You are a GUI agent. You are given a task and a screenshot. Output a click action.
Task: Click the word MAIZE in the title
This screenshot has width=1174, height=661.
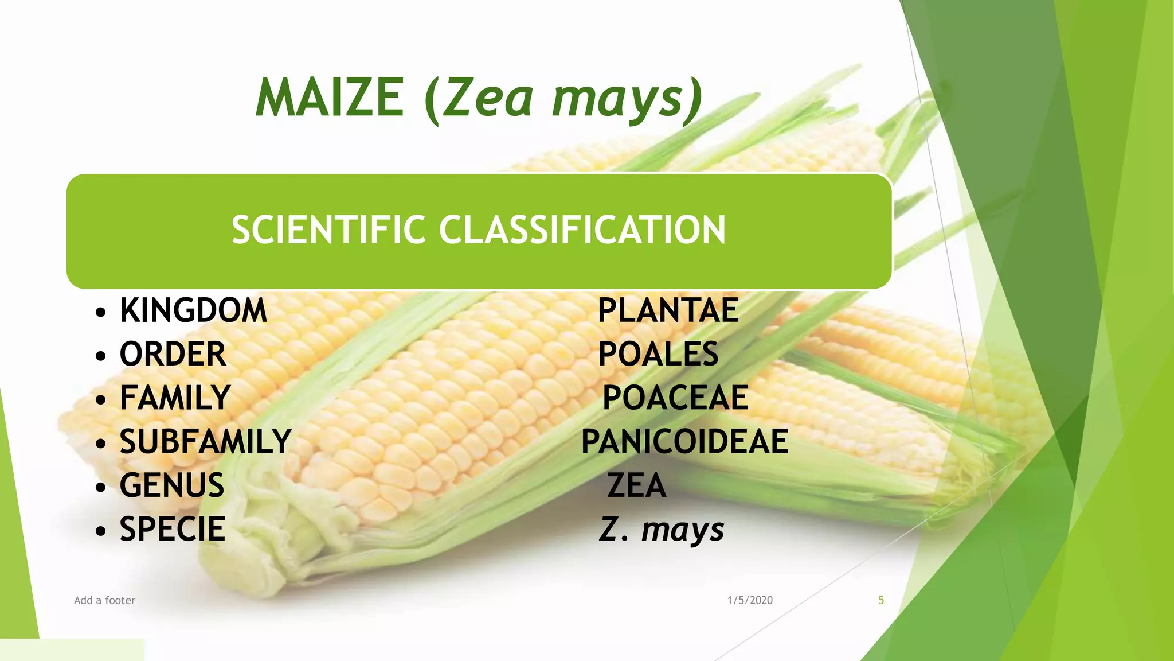pyautogui.click(x=330, y=98)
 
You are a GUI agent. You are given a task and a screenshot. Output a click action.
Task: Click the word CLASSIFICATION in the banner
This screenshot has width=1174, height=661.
pyautogui.click(x=582, y=230)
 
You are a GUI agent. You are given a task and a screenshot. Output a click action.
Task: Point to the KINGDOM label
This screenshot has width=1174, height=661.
pyautogui.click(x=193, y=310)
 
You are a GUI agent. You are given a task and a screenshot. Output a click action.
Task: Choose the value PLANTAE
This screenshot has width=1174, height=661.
pyautogui.click(x=668, y=310)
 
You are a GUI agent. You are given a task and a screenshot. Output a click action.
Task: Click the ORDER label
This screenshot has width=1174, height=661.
pyautogui.click(x=173, y=354)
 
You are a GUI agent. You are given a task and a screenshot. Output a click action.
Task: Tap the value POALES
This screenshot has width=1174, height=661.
pyautogui.click(x=658, y=354)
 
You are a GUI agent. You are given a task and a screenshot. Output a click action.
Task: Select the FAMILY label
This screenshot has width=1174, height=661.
pyautogui.click(x=175, y=398)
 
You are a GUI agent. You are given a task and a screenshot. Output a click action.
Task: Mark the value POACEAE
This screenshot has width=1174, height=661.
pyautogui.click(x=675, y=398)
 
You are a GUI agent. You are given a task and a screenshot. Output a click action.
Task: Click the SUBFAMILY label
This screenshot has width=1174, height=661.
pyautogui.click(x=205, y=441)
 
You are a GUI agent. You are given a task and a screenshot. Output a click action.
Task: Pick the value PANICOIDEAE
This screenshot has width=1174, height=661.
pyautogui.click(x=684, y=441)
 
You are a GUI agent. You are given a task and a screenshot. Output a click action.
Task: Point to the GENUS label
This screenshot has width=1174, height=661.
pyautogui.click(x=171, y=485)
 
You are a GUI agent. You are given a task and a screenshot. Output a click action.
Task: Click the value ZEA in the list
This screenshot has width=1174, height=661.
pyautogui.click(x=636, y=485)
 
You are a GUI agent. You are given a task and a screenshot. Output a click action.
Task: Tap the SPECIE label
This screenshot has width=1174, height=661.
pyautogui.click(x=172, y=529)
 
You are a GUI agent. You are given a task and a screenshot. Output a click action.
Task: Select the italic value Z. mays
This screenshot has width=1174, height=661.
pyautogui.click(x=662, y=529)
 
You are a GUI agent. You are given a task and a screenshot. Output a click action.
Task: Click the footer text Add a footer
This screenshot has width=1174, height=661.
pyautogui.click(x=104, y=600)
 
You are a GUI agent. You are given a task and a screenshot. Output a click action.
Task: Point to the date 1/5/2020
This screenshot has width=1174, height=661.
pyautogui.click(x=750, y=600)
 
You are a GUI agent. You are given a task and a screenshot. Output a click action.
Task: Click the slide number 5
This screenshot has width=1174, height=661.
pyautogui.click(x=881, y=600)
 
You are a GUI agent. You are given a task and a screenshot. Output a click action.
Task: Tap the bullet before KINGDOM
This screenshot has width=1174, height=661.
pyautogui.click(x=101, y=313)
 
